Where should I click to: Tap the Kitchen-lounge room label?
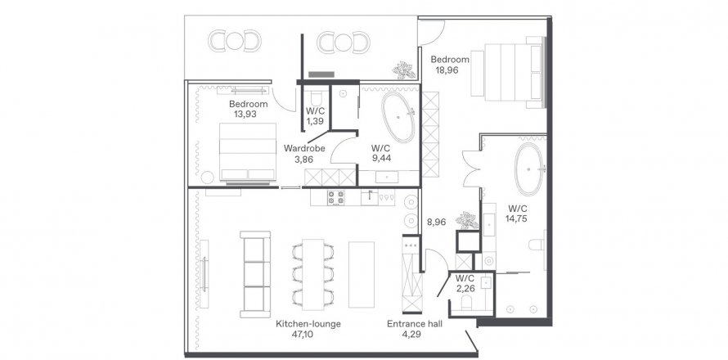308,324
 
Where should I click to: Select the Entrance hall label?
415,324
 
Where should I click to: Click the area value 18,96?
447,70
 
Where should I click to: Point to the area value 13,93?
245,114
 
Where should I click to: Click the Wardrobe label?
304,149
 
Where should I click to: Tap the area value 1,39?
314,122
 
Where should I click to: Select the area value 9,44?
381,159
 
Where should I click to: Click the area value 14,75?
517,218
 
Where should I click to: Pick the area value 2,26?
465,289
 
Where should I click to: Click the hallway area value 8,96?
437,222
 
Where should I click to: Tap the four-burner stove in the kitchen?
336,197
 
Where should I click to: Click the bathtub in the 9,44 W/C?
398,117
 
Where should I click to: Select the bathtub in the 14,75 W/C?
528,169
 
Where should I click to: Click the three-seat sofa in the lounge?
255,274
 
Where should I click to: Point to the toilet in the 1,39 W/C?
316,97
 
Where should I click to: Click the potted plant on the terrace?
403,70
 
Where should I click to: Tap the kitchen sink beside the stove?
370,196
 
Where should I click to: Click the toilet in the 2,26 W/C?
466,304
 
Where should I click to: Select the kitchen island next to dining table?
362,274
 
